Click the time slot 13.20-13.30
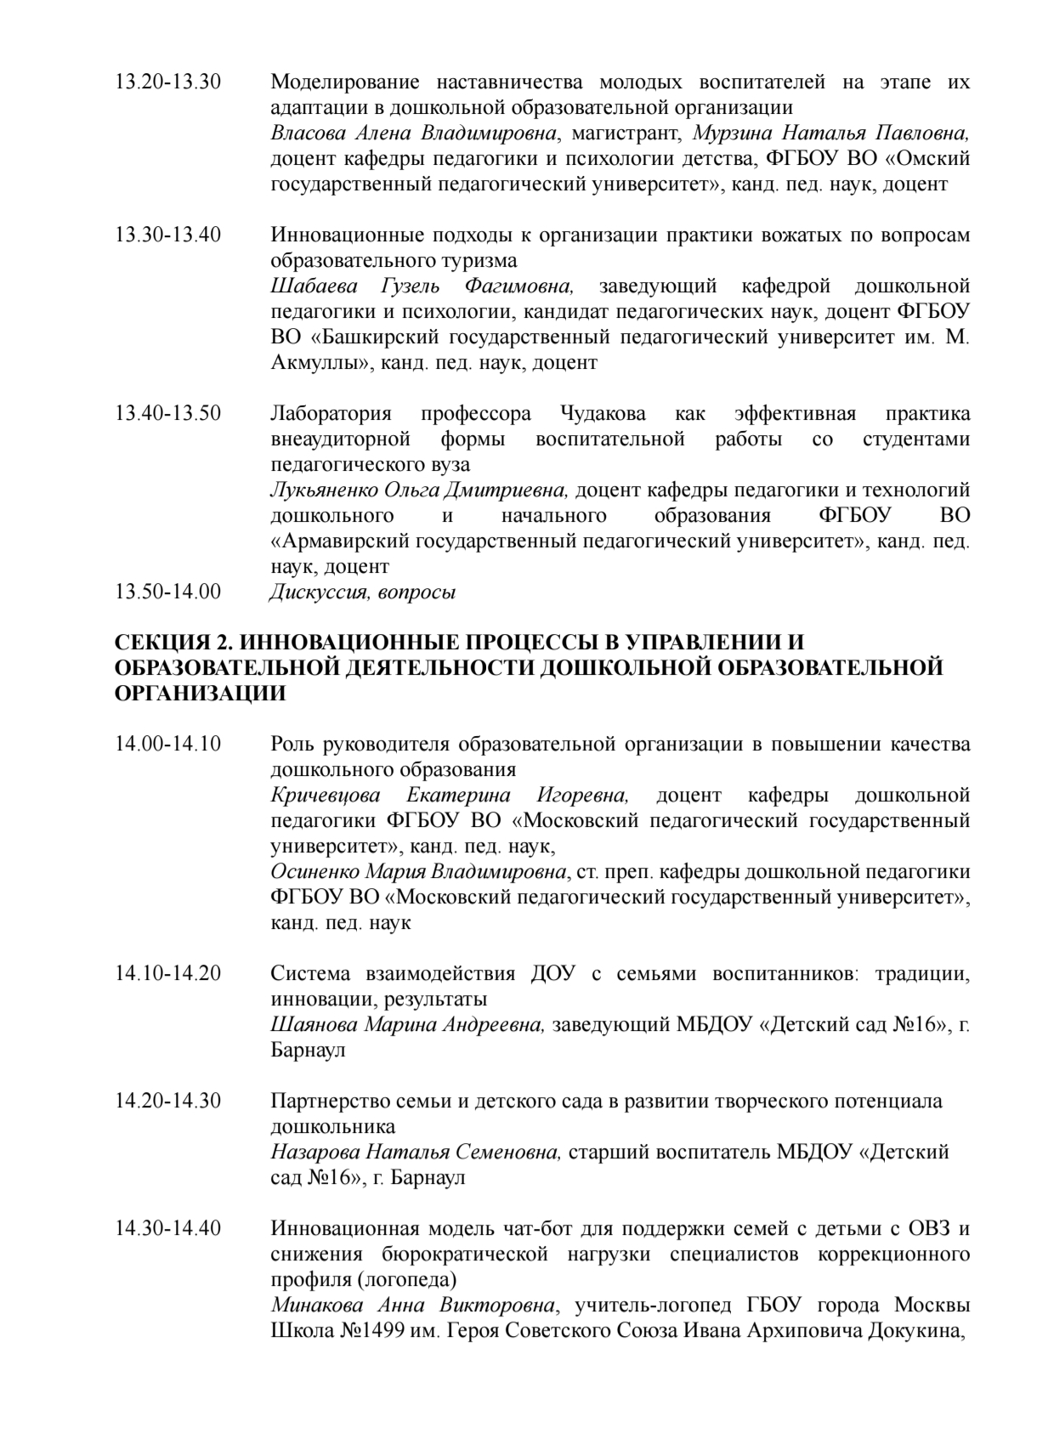click(167, 82)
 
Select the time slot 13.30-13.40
click(167, 235)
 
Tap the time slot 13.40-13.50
click(167, 414)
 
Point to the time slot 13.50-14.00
click(167, 592)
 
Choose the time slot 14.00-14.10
click(167, 745)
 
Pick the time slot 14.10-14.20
click(167, 973)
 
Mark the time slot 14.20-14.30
click(167, 1101)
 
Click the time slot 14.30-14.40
click(167, 1228)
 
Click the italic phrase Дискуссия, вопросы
click(362, 592)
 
